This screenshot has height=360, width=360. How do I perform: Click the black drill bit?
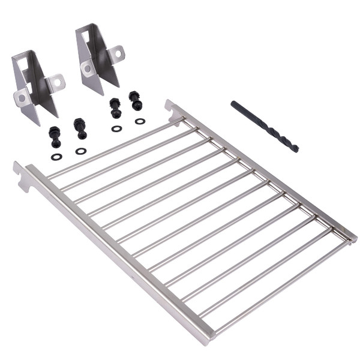click(x=264, y=126)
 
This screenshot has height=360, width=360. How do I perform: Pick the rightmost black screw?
click(x=136, y=100)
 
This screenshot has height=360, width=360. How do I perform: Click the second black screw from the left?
click(x=80, y=128)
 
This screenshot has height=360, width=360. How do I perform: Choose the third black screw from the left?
click(x=115, y=108)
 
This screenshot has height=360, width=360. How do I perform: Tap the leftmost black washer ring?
click(x=56, y=157)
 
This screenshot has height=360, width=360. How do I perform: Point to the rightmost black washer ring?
click(x=140, y=121)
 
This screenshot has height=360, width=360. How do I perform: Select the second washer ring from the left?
click(x=80, y=151)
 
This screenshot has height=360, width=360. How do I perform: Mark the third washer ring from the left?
click(x=116, y=128)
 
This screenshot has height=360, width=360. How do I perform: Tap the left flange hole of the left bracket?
click(x=22, y=97)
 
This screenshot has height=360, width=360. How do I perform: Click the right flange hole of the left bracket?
click(x=58, y=82)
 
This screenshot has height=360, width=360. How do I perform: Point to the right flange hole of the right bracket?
click(x=118, y=53)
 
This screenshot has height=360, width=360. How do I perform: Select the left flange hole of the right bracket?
click(x=88, y=68)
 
